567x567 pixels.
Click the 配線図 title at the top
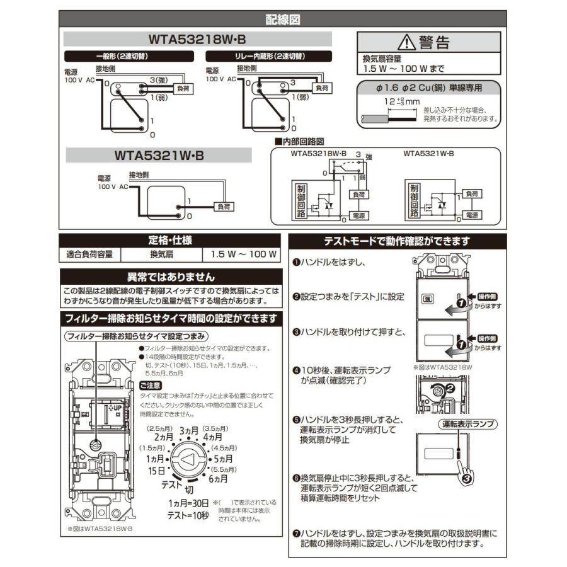pyautogui.click(x=282, y=20)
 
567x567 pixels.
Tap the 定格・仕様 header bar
pyautogui.click(x=170, y=240)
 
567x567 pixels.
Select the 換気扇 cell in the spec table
pyautogui.click(x=161, y=255)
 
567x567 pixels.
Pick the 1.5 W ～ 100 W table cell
pyautogui.click(x=240, y=255)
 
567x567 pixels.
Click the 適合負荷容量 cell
pyautogui.click(x=89, y=255)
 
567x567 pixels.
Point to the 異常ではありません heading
pyautogui.click(x=170, y=277)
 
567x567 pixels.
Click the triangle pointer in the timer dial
pyautogui.click(x=188, y=461)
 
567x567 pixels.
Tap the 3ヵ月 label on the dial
pyautogui.click(x=189, y=430)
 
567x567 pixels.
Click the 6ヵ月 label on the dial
pyautogui.click(x=218, y=479)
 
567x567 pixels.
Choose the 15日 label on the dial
pyautogui.click(x=156, y=470)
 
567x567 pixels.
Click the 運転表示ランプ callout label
pyautogui.click(x=467, y=424)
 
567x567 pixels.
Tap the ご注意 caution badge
pyautogui.click(x=150, y=385)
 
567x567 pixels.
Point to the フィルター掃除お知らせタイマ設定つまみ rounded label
pyautogui.click(x=137, y=336)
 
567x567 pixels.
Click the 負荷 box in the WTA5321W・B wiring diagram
pyautogui.click(x=223, y=206)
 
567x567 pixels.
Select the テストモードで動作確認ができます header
pyautogui.click(x=396, y=240)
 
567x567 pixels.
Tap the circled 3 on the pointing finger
pyautogui.click(x=466, y=479)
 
